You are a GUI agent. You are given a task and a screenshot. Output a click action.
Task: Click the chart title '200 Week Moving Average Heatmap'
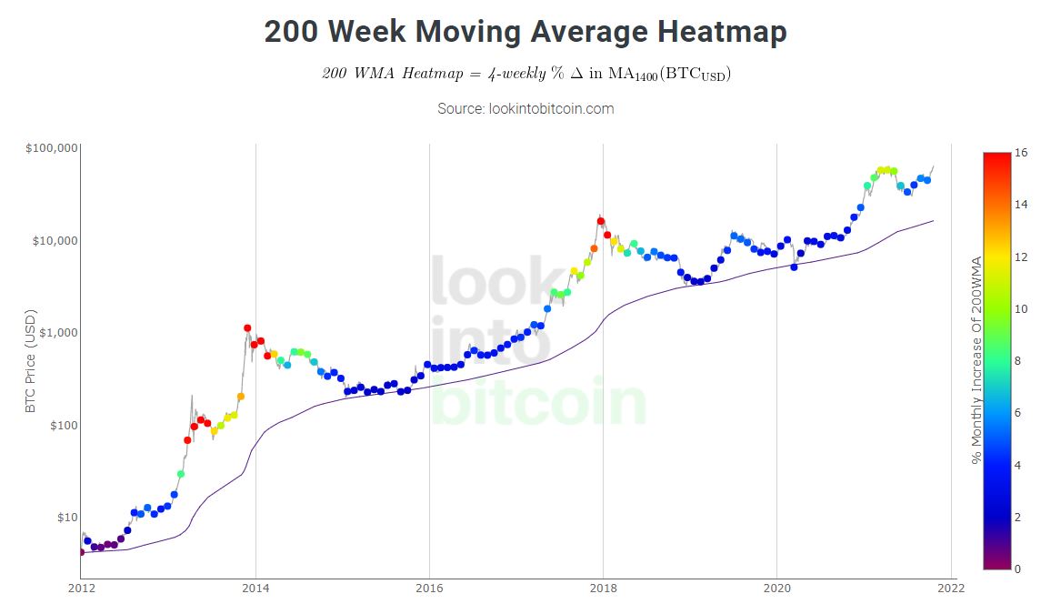coord(525,32)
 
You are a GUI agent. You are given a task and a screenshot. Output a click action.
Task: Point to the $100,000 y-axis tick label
coord(51,148)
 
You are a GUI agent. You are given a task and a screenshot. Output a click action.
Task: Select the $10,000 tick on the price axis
coord(54,240)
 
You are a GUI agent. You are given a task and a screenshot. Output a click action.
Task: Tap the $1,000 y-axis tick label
coord(56,333)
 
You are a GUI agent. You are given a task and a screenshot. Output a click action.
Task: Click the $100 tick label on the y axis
coord(60,425)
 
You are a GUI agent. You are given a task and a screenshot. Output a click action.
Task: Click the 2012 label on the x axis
coord(81,589)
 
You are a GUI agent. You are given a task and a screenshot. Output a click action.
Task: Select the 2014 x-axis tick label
coord(255,589)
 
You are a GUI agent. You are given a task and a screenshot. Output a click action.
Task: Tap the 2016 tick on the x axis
coord(429,589)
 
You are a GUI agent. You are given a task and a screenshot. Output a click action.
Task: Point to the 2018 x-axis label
coord(603,589)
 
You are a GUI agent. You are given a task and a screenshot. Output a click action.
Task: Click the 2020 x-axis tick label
coord(776,589)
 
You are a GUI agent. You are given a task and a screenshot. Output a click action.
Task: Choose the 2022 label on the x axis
coord(950,589)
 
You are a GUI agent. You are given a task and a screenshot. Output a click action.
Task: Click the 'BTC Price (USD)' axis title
coord(31,362)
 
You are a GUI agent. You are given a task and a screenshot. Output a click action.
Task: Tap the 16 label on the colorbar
coord(1021,153)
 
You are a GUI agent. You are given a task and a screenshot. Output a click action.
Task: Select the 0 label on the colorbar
coord(1017,569)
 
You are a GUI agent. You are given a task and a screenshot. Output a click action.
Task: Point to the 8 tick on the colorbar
coord(1017,361)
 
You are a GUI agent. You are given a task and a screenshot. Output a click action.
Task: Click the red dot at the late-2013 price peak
coord(247,328)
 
